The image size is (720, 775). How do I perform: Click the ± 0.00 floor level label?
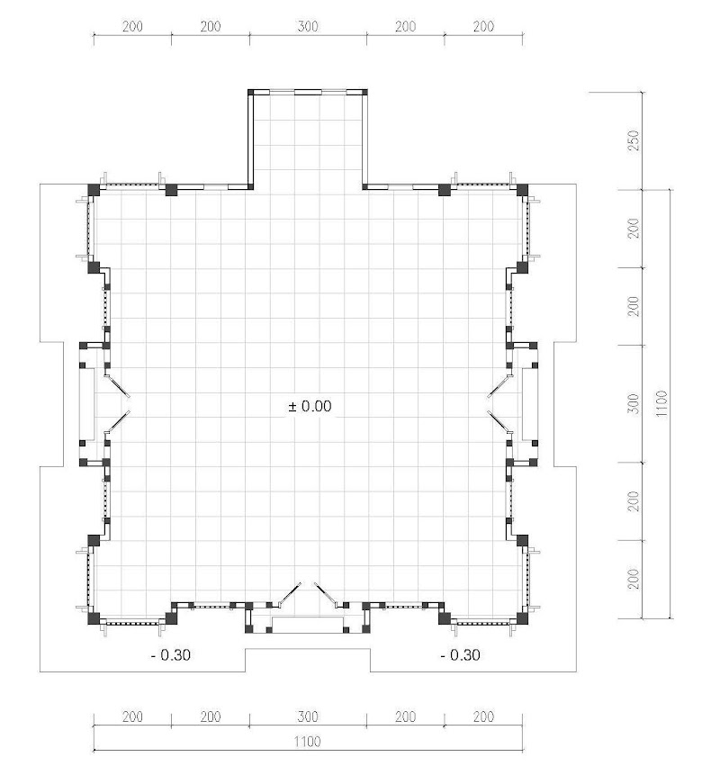click(x=310, y=406)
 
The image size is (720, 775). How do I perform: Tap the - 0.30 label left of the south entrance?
click(x=170, y=655)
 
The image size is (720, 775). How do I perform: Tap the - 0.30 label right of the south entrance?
click(x=460, y=655)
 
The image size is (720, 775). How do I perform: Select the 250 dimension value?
click(x=633, y=140)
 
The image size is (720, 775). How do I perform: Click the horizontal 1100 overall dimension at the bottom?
click(x=308, y=742)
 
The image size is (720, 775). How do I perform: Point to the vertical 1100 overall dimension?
click(x=661, y=403)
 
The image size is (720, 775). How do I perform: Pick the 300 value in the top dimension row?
click(x=308, y=26)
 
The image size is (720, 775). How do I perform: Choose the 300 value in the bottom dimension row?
click(x=308, y=716)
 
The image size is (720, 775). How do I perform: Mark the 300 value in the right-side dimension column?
click(x=633, y=404)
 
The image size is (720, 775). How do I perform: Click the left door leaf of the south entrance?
click(x=290, y=593)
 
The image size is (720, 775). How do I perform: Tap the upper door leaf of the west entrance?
click(x=118, y=386)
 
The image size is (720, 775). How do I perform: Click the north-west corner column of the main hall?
click(x=94, y=190)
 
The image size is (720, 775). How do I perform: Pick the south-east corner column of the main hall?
click(x=522, y=618)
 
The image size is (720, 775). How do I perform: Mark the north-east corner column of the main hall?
click(x=522, y=190)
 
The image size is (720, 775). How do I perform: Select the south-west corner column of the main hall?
click(x=94, y=618)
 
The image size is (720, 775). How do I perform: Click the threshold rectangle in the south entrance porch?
click(x=308, y=625)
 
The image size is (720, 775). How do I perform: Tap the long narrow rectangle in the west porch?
click(x=87, y=404)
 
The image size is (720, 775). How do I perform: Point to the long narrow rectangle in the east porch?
click(x=530, y=404)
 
